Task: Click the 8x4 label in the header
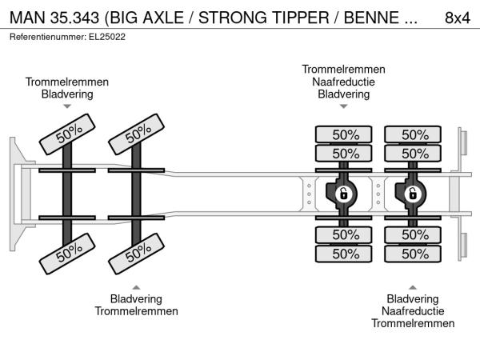pyautogui.click(x=457, y=18)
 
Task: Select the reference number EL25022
pyautogui.click(x=107, y=37)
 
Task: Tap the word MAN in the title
pyautogui.click(x=27, y=18)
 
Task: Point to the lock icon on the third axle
pyautogui.click(x=343, y=194)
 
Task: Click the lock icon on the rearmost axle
pyautogui.click(x=412, y=194)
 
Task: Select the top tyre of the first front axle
pyautogui.click(x=67, y=134)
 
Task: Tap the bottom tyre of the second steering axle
pyautogui.click(x=136, y=254)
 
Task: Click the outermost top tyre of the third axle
pyautogui.click(x=343, y=134)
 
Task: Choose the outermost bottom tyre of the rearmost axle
pyautogui.click(x=413, y=254)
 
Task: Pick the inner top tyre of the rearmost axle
pyautogui.click(x=413, y=154)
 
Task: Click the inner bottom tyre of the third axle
pyautogui.click(x=343, y=234)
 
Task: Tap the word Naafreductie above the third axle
pyautogui.click(x=343, y=82)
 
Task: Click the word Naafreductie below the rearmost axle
pyautogui.click(x=413, y=311)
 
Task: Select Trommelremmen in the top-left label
pyautogui.click(x=67, y=82)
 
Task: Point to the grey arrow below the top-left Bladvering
pyautogui.click(x=67, y=106)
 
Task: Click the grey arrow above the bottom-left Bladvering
pyautogui.click(x=136, y=287)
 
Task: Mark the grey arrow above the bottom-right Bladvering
pyautogui.click(x=413, y=287)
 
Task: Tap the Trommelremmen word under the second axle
pyautogui.click(x=136, y=311)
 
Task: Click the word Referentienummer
pyautogui.click(x=48, y=37)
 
